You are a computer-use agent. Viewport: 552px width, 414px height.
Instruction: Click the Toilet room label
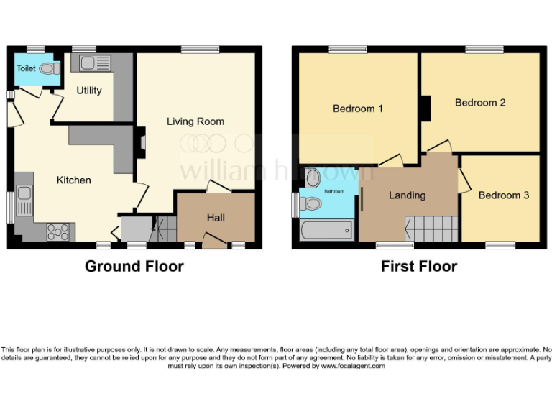coord(26,69)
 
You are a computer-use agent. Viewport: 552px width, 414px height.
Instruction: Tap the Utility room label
coord(89,91)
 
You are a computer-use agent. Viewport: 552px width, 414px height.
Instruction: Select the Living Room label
coord(195,121)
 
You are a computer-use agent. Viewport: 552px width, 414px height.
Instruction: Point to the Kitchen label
coord(74,180)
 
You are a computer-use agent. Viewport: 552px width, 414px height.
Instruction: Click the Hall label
coord(216,218)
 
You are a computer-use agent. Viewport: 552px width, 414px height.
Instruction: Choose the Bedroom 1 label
coord(357,109)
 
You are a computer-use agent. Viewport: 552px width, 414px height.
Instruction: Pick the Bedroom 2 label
coord(480,103)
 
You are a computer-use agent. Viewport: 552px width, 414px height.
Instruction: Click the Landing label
coord(407,195)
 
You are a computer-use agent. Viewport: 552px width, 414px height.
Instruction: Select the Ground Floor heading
coord(134,267)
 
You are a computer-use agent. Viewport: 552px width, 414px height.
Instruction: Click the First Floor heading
coord(418,267)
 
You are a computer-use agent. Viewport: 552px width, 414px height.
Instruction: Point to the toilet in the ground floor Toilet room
coord(50,69)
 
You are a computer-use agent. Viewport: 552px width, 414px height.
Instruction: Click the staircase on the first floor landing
coord(432,229)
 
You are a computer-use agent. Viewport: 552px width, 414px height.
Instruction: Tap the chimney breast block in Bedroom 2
coord(425,109)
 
